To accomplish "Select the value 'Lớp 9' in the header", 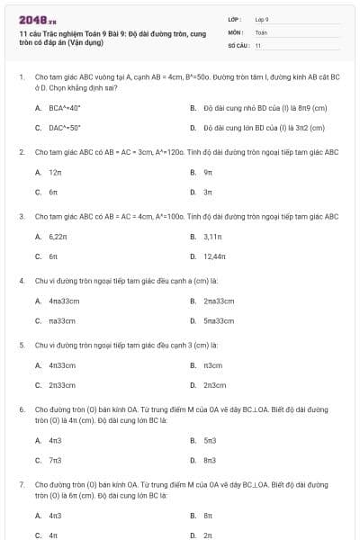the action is click(262, 19).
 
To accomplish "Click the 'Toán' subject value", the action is click(261, 31).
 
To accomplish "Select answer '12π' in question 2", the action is click(55, 171).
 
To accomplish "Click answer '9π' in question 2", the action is click(208, 171).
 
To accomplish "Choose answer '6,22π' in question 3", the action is click(59, 236).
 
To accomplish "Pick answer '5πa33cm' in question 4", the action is click(219, 320).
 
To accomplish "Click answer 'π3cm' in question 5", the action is click(212, 364).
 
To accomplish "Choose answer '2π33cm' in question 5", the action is click(62, 384).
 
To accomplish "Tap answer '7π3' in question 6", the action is click(55, 460).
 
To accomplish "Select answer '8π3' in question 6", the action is click(209, 460).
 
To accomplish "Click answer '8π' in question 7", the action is click(207, 515).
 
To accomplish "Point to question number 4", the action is click(22, 280).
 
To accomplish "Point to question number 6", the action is click(22, 409).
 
